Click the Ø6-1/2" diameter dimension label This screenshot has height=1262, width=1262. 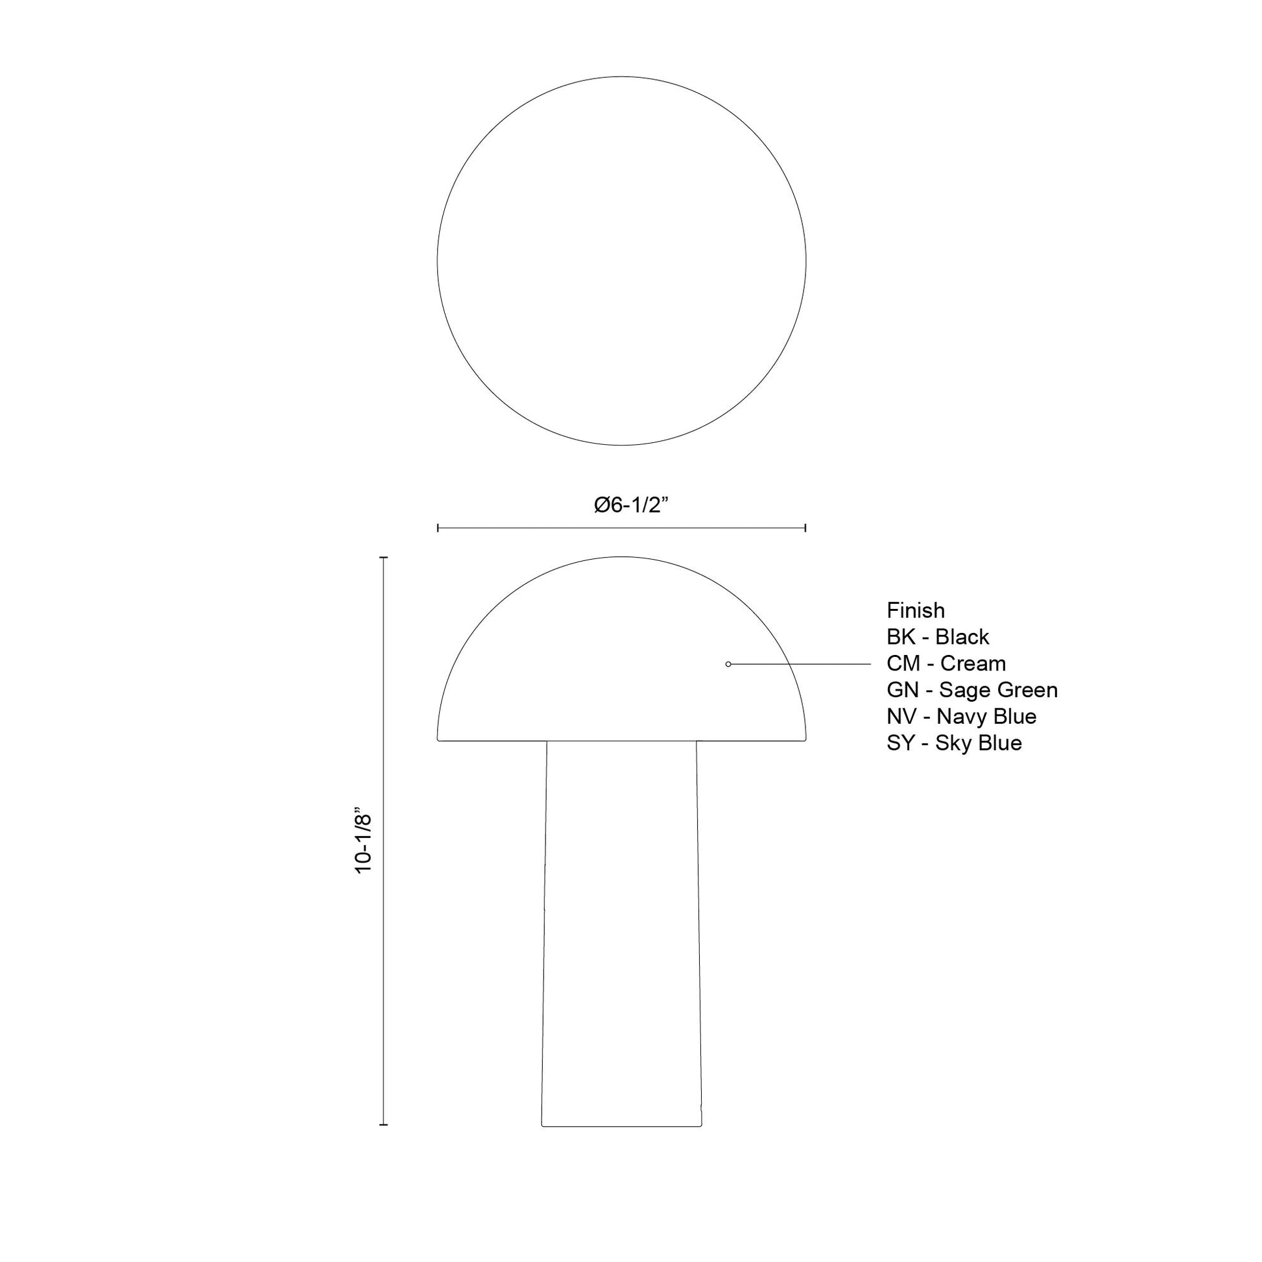[632, 505]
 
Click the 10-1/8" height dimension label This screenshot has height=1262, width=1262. [363, 843]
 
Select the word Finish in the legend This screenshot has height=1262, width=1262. [915, 610]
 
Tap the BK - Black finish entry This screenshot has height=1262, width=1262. [937, 637]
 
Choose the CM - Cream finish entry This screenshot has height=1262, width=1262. [946, 663]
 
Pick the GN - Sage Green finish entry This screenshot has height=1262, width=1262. [971, 690]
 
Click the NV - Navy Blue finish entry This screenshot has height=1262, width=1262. [961, 717]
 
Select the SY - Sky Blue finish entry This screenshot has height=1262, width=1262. [954, 743]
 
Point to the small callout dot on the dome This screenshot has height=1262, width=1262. [728, 664]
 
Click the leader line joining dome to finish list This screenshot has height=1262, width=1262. [800, 664]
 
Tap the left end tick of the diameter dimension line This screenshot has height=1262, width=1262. [438, 528]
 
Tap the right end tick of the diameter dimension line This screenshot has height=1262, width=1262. [805, 528]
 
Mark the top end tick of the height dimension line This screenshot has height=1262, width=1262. [383, 558]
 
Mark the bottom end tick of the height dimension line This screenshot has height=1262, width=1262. [383, 1125]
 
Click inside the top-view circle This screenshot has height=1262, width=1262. [621, 261]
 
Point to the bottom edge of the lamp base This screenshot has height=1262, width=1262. [621, 1126]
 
